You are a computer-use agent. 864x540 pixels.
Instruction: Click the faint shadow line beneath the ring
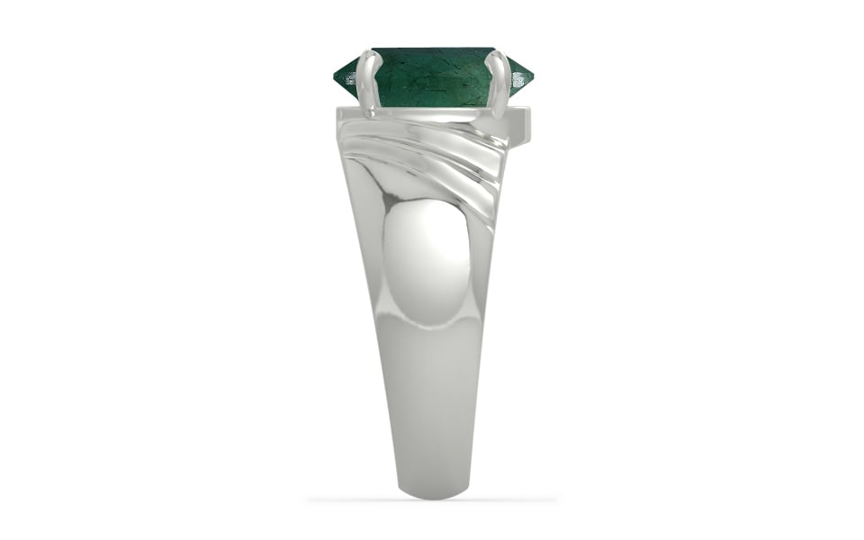432,499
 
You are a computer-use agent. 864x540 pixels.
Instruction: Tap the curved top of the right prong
496,55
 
